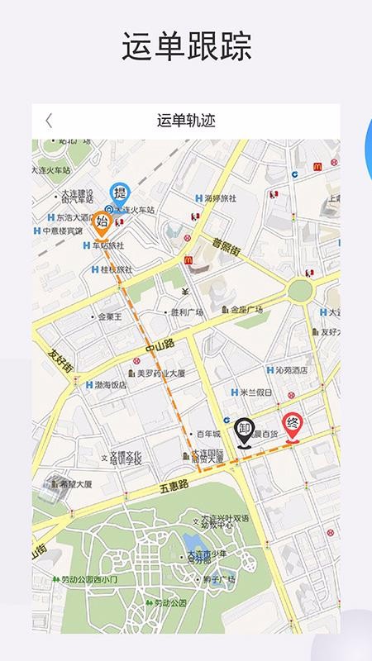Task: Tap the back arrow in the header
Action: coord(48,121)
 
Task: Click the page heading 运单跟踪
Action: coord(186,48)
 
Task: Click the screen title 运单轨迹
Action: coord(185,121)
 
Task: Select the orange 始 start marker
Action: coord(102,223)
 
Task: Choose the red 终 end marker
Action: coord(292,426)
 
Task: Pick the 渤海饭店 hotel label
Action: coord(109,385)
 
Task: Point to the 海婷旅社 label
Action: coord(220,198)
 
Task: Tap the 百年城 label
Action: coord(207,434)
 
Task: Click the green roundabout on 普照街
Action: coord(300,289)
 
